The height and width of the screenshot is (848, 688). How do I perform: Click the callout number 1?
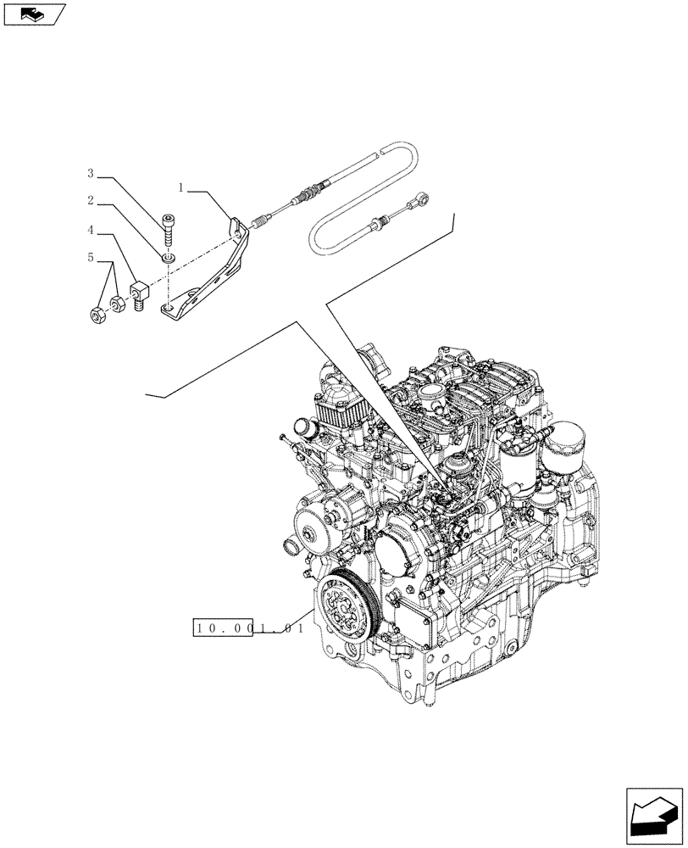181,185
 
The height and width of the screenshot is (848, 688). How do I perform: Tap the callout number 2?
89,201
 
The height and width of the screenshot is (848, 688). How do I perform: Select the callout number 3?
89,174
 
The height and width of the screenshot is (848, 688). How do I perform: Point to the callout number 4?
89,229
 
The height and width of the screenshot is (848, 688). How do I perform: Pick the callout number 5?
89,259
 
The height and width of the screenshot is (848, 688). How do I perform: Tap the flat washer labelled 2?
169,256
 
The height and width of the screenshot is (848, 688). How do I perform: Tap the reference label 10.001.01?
247,628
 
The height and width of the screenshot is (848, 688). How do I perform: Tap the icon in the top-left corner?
35,14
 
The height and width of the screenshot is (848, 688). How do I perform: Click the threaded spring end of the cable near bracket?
263,222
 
